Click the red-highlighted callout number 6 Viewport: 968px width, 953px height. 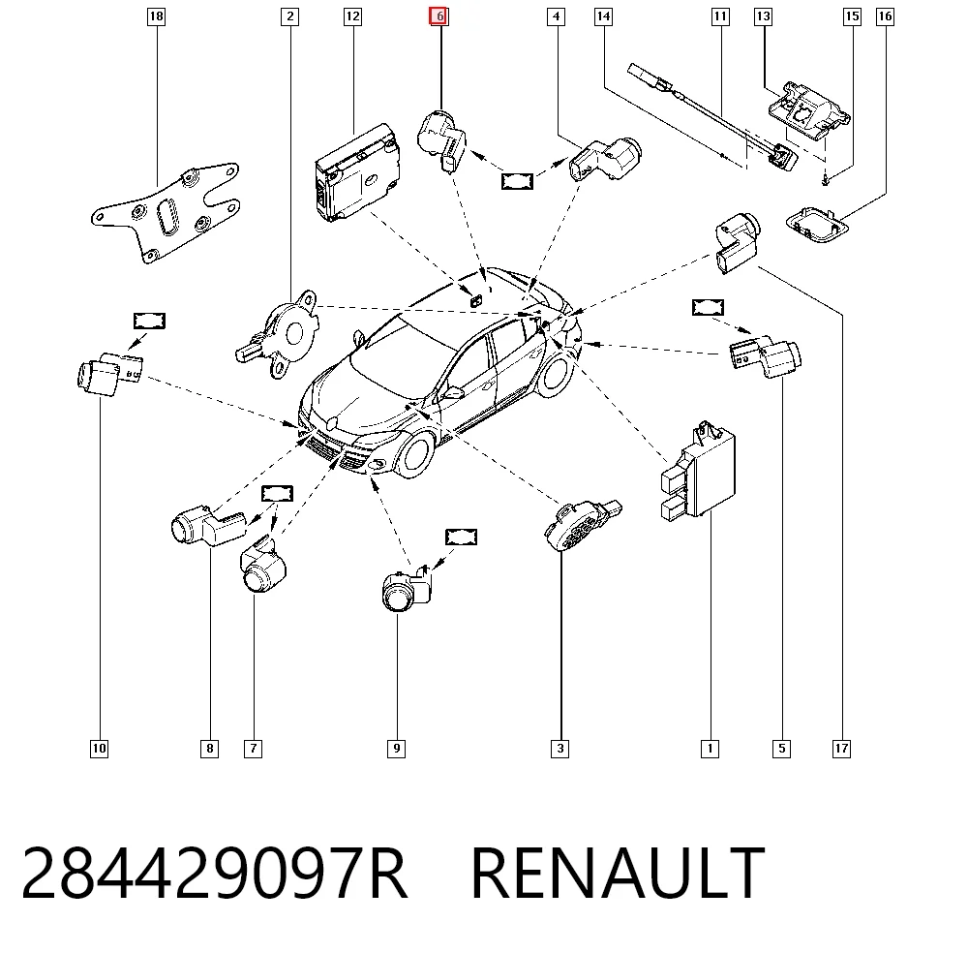tap(439, 16)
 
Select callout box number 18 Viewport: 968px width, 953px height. tap(156, 16)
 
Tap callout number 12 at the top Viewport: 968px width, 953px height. tap(352, 16)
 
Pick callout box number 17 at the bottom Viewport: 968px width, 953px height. tap(841, 749)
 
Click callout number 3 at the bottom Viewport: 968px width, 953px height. tap(560, 749)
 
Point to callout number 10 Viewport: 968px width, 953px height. tap(99, 749)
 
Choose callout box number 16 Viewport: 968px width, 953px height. tap(886, 16)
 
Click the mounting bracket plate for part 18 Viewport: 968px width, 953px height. tap(166, 213)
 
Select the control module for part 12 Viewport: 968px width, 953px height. tap(357, 173)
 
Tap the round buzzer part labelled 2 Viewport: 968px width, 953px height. tap(281, 333)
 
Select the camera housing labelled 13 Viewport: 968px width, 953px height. tap(808, 110)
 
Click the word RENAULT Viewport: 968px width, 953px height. tap(618, 872)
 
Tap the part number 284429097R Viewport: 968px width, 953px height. tap(214, 872)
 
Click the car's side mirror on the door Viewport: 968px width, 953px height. tap(453, 392)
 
